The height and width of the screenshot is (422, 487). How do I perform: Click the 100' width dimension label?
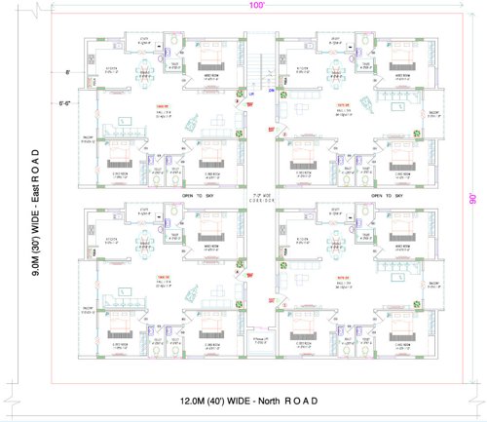(x=254, y=7)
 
